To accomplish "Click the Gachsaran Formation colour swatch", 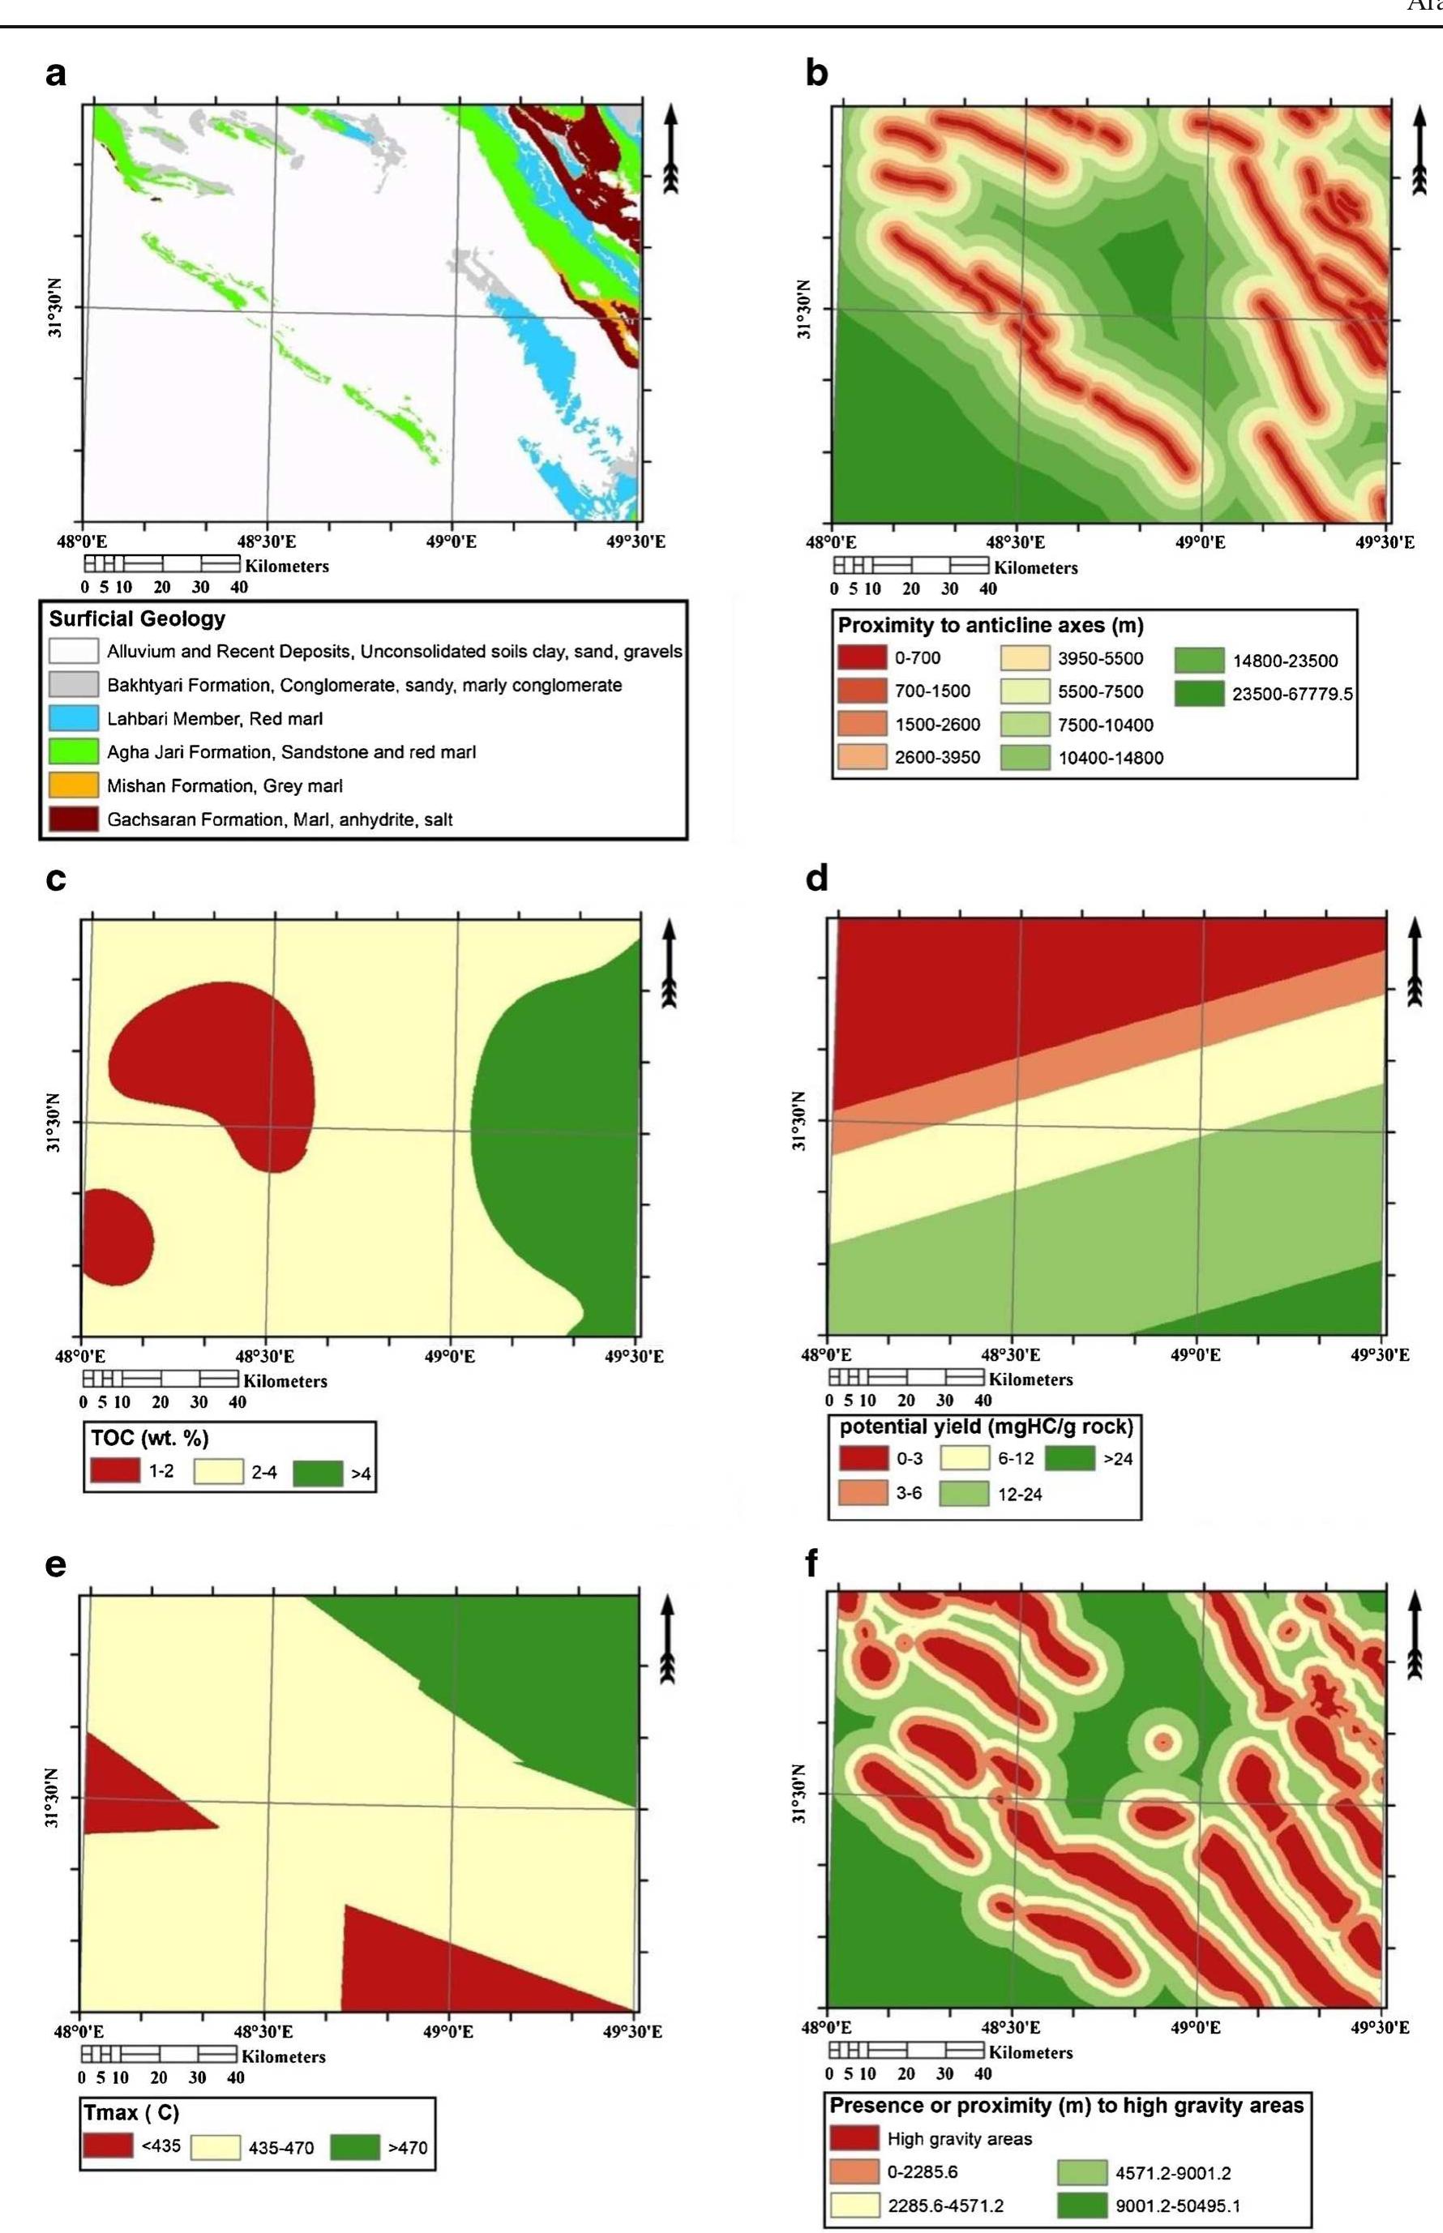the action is coord(74,819).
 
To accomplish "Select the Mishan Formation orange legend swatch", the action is coord(74,785).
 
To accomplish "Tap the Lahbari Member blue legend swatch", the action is coord(74,718).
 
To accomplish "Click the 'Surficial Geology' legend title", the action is coord(138,619).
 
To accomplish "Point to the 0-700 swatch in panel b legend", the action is coord(861,658).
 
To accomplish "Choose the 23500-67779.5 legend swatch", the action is coord(1199,693).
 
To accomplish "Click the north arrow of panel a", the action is coord(670,148).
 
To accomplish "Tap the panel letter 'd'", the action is coord(816,878).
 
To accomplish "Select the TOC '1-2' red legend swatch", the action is coord(114,1471).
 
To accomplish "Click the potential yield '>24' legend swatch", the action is coord(1070,1458).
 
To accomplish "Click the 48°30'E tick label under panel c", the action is coord(264,1356).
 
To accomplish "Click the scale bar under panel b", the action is coord(910,566).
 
